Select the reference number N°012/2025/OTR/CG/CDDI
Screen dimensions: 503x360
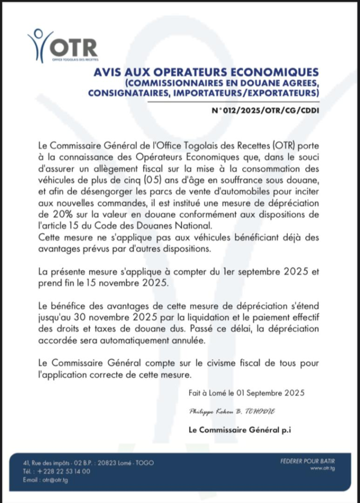click(x=265, y=110)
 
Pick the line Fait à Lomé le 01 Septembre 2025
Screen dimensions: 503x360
click(x=247, y=392)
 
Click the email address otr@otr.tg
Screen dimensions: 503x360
click(x=55, y=479)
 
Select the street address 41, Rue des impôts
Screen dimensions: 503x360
click(x=45, y=463)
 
